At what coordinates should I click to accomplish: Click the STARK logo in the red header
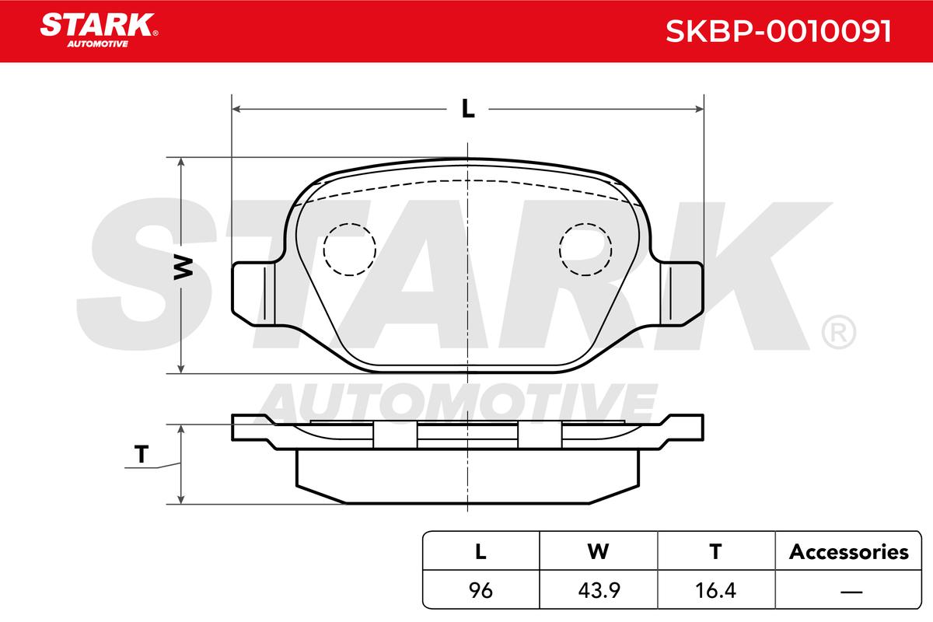point(99,30)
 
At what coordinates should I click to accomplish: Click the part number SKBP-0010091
point(778,31)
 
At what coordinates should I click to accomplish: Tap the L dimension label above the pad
point(468,109)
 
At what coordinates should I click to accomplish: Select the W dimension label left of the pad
point(183,267)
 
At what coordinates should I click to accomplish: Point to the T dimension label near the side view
point(142,454)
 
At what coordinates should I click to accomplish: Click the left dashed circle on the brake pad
point(349,250)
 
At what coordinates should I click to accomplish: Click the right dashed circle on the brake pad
point(585,250)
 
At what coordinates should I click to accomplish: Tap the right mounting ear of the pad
point(682,294)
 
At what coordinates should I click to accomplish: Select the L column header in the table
point(480,551)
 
